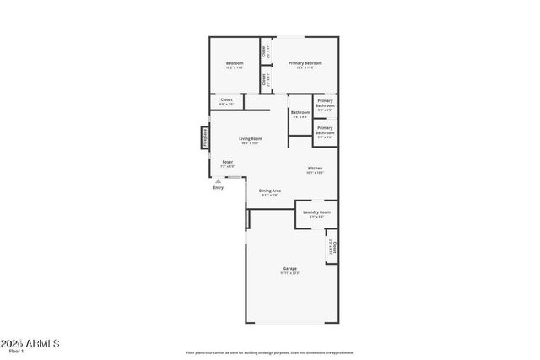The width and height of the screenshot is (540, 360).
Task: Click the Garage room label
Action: coord(289,269)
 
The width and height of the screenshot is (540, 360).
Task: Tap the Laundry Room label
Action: coord(316,212)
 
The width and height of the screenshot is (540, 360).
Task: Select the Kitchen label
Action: coord(315,168)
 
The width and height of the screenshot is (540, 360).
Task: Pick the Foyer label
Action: coord(228,161)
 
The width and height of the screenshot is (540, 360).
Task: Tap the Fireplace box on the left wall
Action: coord(205,137)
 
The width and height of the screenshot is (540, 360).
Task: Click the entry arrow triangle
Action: coord(219,180)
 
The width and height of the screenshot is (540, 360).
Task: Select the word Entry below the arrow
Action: coord(219,187)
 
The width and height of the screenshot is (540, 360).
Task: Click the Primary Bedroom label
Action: coord(305,63)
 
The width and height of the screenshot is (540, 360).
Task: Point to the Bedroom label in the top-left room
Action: coord(235,63)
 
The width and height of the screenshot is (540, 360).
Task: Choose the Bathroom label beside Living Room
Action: coord(300,112)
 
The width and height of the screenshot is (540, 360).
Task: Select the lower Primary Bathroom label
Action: coord(326,130)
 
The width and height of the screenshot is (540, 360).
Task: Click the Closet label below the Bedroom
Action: coord(226,100)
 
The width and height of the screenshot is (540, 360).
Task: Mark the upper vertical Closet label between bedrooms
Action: coord(264,51)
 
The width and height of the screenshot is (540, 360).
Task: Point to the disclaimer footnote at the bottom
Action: coord(270,352)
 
